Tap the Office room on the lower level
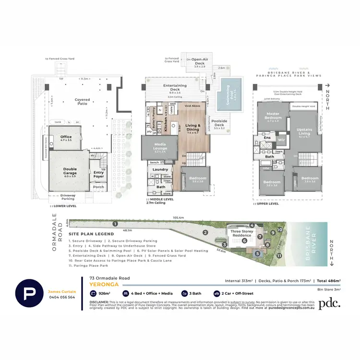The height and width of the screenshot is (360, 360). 66,139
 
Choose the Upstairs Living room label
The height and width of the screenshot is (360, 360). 304,132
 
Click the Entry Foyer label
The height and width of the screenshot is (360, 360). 98,175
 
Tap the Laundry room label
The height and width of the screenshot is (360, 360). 160,169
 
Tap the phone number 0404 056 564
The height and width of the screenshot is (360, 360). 61,297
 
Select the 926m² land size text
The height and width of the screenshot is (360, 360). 105,293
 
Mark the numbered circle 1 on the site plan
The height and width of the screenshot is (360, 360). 115,224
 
